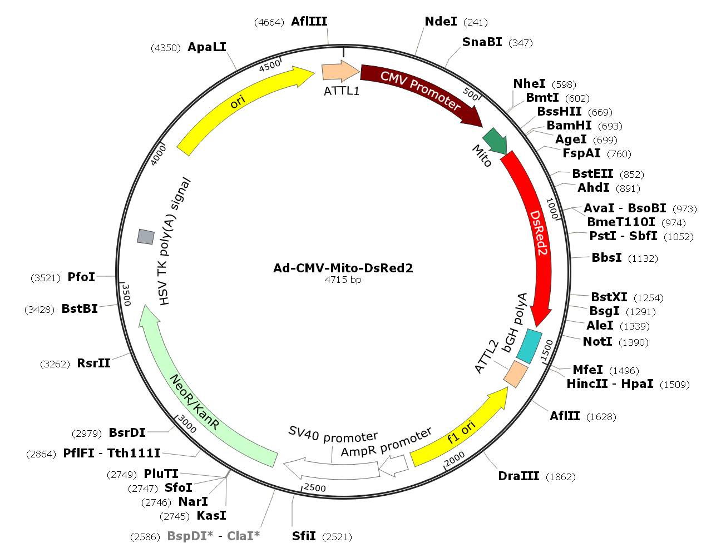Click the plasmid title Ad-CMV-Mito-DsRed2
343,268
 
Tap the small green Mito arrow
495,141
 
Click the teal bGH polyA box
529,346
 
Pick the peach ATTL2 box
516,374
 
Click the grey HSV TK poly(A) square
145,236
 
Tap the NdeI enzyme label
441,21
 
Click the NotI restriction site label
597,341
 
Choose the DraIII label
518,476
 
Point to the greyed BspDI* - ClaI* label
213,536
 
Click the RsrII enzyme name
93,363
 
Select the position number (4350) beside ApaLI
166,48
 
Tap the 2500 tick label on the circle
315,487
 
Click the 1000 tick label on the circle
552,208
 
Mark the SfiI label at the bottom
304,536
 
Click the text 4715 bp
343,280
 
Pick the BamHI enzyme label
569,126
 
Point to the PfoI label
81,277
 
